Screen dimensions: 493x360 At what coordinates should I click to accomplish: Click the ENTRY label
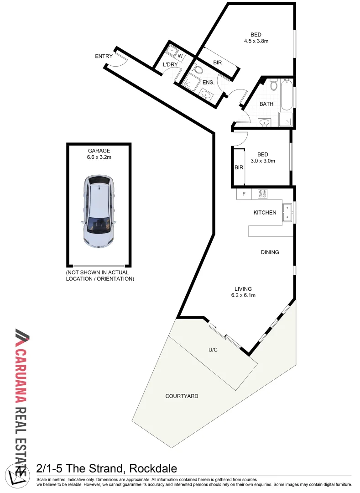coord(104,56)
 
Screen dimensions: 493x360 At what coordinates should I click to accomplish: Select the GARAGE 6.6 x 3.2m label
coord(99,154)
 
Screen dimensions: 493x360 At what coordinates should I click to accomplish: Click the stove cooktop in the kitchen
coord(262,194)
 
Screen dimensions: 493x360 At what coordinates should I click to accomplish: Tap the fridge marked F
coord(244,194)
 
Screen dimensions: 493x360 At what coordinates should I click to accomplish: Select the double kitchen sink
coord(287,213)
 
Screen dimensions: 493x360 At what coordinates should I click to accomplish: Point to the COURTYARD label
coord(182,396)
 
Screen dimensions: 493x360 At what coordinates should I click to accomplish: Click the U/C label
coord(213,350)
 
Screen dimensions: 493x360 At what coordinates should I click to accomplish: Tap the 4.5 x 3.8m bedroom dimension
coord(256,41)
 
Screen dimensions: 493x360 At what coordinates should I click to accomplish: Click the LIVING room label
coord(243,288)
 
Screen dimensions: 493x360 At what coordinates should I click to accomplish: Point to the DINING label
coord(270,252)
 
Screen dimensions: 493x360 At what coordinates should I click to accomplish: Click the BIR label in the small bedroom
coord(239,168)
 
